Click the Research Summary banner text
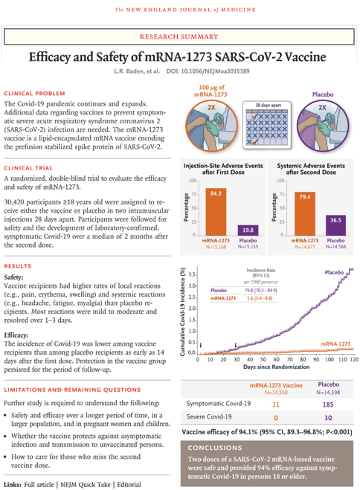[x=180, y=35]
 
